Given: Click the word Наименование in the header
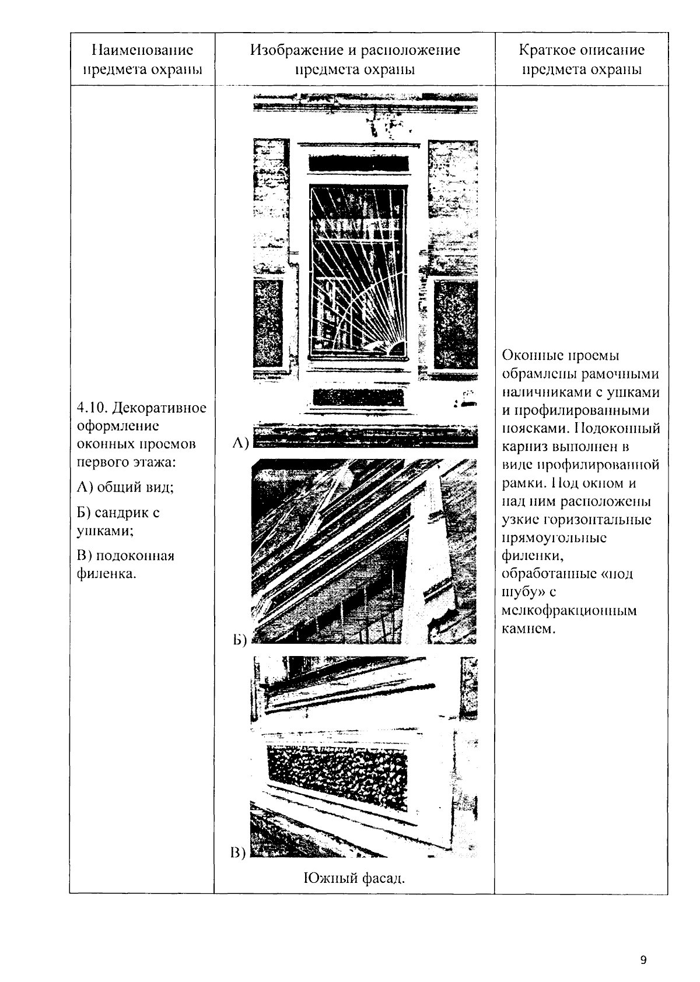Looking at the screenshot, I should pyautogui.click(x=142, y=50).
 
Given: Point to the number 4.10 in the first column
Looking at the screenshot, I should pyautogui.click(x=90, y=407).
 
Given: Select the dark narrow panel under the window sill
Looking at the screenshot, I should pyautogui.click(x=359, y=398).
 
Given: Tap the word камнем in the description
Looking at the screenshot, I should pyautogui.click(x=526, y=629).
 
